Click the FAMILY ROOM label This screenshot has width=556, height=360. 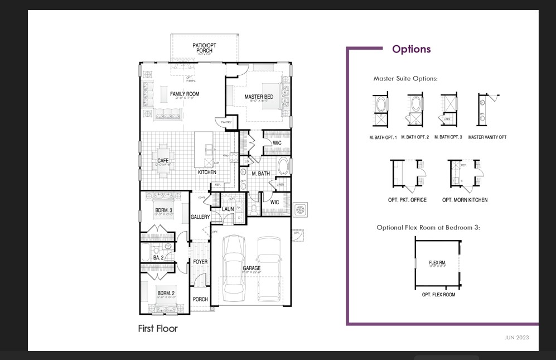185,94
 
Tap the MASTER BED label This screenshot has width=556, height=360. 259,97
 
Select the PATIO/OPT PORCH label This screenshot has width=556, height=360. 205,48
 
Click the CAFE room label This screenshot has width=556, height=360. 163,161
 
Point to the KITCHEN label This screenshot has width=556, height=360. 207,172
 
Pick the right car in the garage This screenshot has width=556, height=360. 269,267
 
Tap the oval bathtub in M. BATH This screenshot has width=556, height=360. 283,167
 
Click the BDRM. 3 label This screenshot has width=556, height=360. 163,210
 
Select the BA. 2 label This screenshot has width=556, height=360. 158,258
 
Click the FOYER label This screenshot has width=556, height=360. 200,262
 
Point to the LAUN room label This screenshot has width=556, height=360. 228,209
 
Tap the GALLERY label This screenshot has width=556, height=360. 200,217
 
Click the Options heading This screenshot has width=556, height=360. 411,49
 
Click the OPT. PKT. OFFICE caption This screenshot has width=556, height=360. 407,200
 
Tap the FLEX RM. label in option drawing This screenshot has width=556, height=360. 437,262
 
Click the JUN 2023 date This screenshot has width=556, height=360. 516,338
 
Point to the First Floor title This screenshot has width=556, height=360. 158,329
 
